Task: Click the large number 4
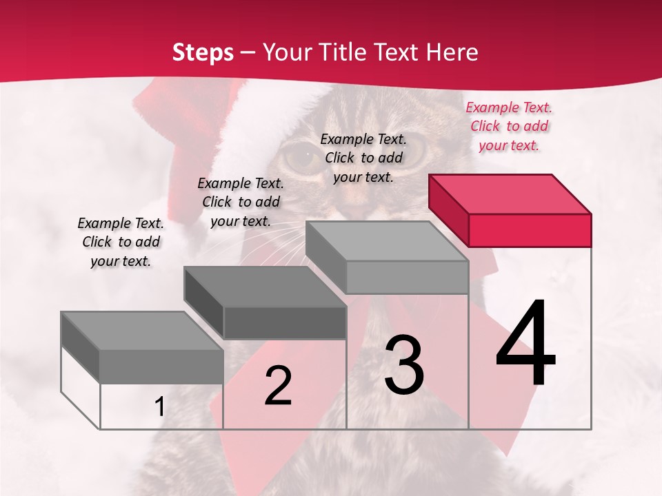525,344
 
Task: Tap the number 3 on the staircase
403,365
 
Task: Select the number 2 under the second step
278,386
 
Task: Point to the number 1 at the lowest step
159,407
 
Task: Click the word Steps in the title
203,52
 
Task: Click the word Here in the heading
453,52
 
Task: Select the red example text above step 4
509,126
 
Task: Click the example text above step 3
363,158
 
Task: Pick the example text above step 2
241,202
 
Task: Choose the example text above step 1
121,242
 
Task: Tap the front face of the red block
530,230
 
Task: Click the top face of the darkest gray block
265,287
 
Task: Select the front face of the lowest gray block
161,366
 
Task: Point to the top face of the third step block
386,241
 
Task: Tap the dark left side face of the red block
448,209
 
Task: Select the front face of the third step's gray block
407,277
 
